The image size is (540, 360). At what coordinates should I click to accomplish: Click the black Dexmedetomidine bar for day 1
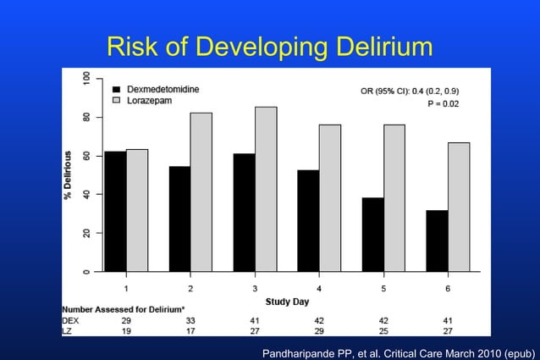[x=115, y=211]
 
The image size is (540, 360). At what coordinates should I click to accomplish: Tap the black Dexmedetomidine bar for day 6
[x=437, y=241]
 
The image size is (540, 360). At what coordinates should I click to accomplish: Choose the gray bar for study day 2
[x=201, y=191]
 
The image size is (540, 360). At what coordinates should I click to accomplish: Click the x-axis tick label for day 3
[x=255, y=288]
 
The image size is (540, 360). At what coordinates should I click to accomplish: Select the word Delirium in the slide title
[x=374, y=47]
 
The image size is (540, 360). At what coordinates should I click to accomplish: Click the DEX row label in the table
[x=70, y=321]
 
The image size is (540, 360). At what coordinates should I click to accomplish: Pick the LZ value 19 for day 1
[x=127, y=330]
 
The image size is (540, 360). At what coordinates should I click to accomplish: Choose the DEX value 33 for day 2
[x=190, y=321]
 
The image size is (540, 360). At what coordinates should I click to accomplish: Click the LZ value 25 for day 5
[x=383, y=330]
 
